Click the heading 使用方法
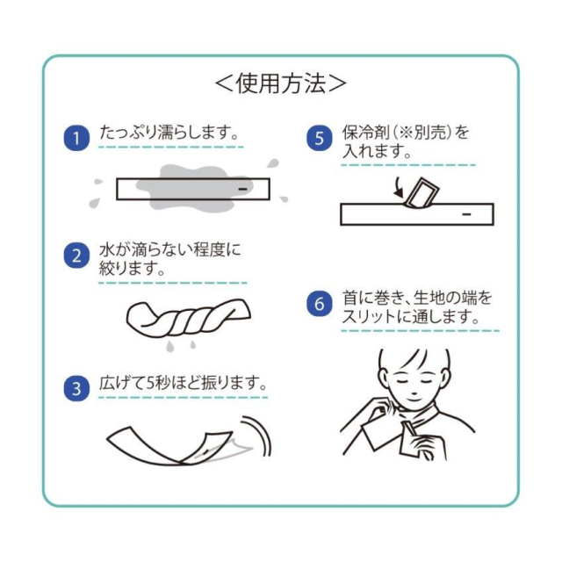click(281, 83)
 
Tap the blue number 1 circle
click(76, 138)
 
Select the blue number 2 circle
click(76, 256)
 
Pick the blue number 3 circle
click(76, 388)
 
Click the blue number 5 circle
click(320, 138)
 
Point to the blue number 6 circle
click(320, 304)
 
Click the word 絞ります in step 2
click(128, 268)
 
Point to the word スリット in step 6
click(372, 316)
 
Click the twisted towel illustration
click(188, 319)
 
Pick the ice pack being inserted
click(421, 193)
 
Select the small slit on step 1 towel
click(243, 189)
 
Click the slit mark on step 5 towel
click(466, 214)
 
